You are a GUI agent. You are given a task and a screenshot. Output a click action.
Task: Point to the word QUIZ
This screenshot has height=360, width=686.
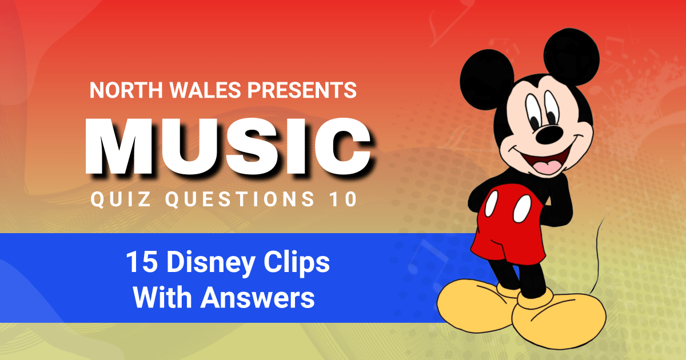[x=121, y=199]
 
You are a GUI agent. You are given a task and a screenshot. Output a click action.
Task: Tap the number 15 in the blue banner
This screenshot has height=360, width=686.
[x=142, y=262]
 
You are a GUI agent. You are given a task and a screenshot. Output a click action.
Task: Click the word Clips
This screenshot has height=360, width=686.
[x=297, y=264]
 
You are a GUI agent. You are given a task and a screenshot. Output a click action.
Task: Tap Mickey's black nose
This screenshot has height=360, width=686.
[x=549, y=135]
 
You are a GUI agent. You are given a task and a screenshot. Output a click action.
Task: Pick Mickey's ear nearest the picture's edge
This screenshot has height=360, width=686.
[x=572, y=57]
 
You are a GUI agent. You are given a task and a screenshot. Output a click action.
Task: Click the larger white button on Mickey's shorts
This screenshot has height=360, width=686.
[x=522, y=209]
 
